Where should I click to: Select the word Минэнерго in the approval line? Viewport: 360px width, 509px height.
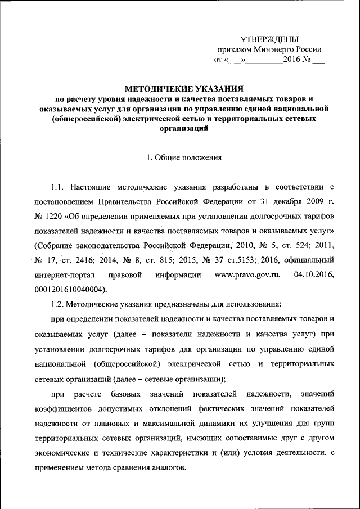tap(274, 49)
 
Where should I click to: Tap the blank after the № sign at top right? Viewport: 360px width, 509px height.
tap(318, 60)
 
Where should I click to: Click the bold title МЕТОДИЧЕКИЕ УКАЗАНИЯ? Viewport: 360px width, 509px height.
tap(183, 88)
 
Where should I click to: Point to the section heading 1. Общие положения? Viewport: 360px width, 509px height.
tap(184, 158)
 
